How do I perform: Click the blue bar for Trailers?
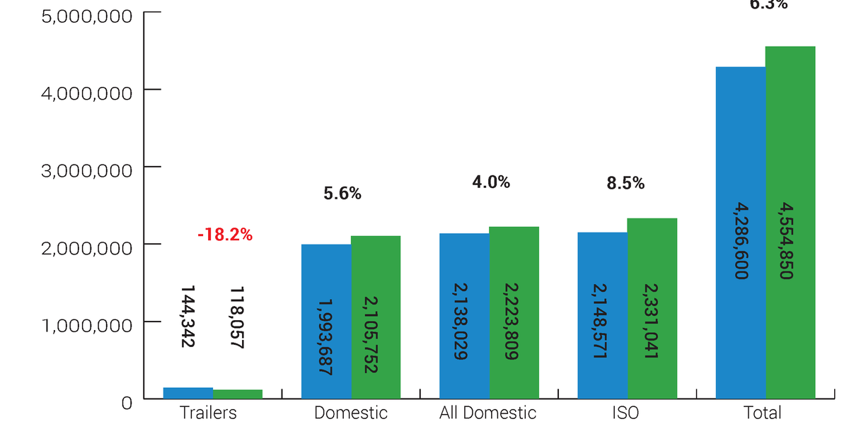click(188, 393)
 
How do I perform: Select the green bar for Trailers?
click(238, 394)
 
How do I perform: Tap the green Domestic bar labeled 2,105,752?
click(376, 317)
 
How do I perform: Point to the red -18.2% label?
click(224, 235)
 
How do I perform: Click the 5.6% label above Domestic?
click(342, 194)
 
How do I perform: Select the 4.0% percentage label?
click(491, 182)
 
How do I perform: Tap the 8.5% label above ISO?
click(625, 184)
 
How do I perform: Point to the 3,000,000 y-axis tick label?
click(87, 170)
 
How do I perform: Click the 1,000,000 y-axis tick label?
click(87, 325)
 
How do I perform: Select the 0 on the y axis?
click(127, 403)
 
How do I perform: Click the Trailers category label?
click(208, 413)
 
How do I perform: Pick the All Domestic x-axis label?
click(488, 413)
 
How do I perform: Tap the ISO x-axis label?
click(627, 413)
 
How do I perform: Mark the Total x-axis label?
click(763, 413)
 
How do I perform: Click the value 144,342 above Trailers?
click(187, 317)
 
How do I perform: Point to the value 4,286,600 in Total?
click(741, 241)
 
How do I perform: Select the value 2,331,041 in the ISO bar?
click(652, 322)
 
